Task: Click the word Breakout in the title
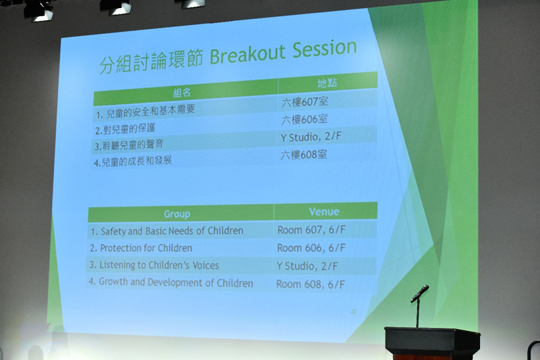tap(248, 55)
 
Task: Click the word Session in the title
tap(325, 49)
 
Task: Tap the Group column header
tap(177, 214)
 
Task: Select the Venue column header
tap(324, 211)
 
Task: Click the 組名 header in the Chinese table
tap(182, 93)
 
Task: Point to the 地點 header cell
tap(327, 83)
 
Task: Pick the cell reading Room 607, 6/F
tap(311, 230)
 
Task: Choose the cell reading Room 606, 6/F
tap(311, 248)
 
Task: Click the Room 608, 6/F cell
tap(310, 284)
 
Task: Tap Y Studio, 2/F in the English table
tap(307, 266)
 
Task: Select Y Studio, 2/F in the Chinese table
tap(311, 136)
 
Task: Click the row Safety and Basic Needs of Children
tap(167, 231)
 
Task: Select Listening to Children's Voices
tap(154, 265)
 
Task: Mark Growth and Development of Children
tap(171, 282)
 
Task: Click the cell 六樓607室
tap(305, 102)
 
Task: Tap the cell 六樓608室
tap(304, 155)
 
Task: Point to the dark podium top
tap(432, 332)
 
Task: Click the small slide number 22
tap(353, 311)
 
